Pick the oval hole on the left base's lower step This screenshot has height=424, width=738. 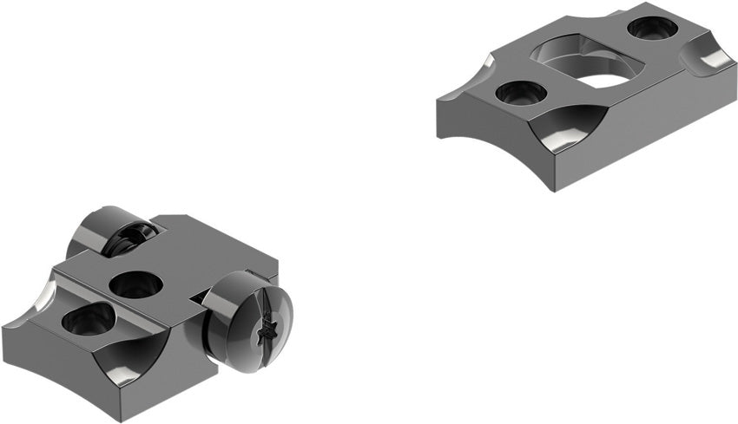(x=88, y=322)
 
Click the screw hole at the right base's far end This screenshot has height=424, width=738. (x=651, y=28)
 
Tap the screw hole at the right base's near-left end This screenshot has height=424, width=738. (x=519, y=91)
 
